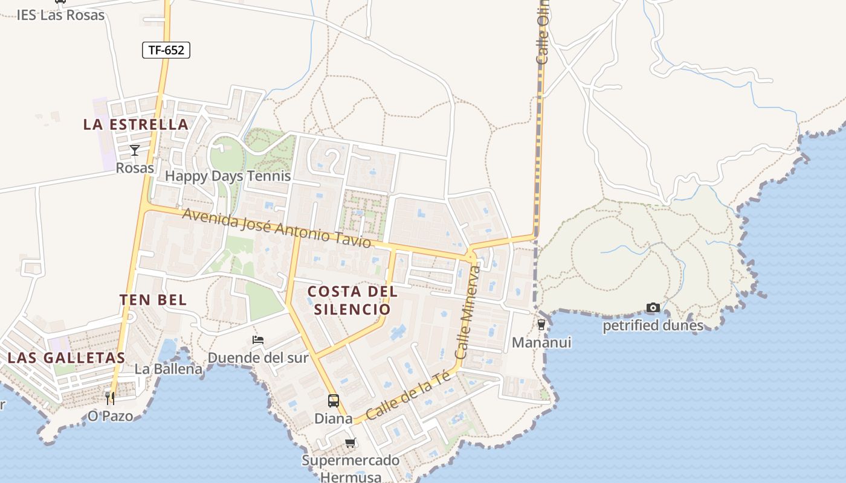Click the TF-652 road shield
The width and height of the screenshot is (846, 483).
(166, 50)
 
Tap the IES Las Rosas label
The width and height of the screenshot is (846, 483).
(60, 15)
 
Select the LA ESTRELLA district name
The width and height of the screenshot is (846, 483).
(136, 125)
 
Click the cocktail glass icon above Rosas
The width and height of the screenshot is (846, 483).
(135, 150)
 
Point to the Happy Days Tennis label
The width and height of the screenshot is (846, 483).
(228, 176)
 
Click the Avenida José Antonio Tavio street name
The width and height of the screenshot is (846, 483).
(276, 228)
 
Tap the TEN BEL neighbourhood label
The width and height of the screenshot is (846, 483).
(153, 300)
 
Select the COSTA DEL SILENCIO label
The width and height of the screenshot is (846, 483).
(352, 300)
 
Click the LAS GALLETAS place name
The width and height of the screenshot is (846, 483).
(66, 357)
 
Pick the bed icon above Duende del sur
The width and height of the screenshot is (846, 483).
(258, 340)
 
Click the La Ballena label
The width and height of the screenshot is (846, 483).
(168, 369)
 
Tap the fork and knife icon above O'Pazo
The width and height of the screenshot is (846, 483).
(110, 398)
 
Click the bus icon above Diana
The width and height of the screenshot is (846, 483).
(333, 400)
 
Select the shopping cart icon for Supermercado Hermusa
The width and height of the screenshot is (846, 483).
(350, 444)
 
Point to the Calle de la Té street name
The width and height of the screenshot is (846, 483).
(409, 396)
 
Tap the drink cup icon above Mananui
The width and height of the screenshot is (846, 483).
(541, 325)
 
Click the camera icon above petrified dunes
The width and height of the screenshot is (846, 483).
(653, 308)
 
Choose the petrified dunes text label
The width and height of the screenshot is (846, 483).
(653, 326)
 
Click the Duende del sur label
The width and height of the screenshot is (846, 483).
(258, 358)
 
